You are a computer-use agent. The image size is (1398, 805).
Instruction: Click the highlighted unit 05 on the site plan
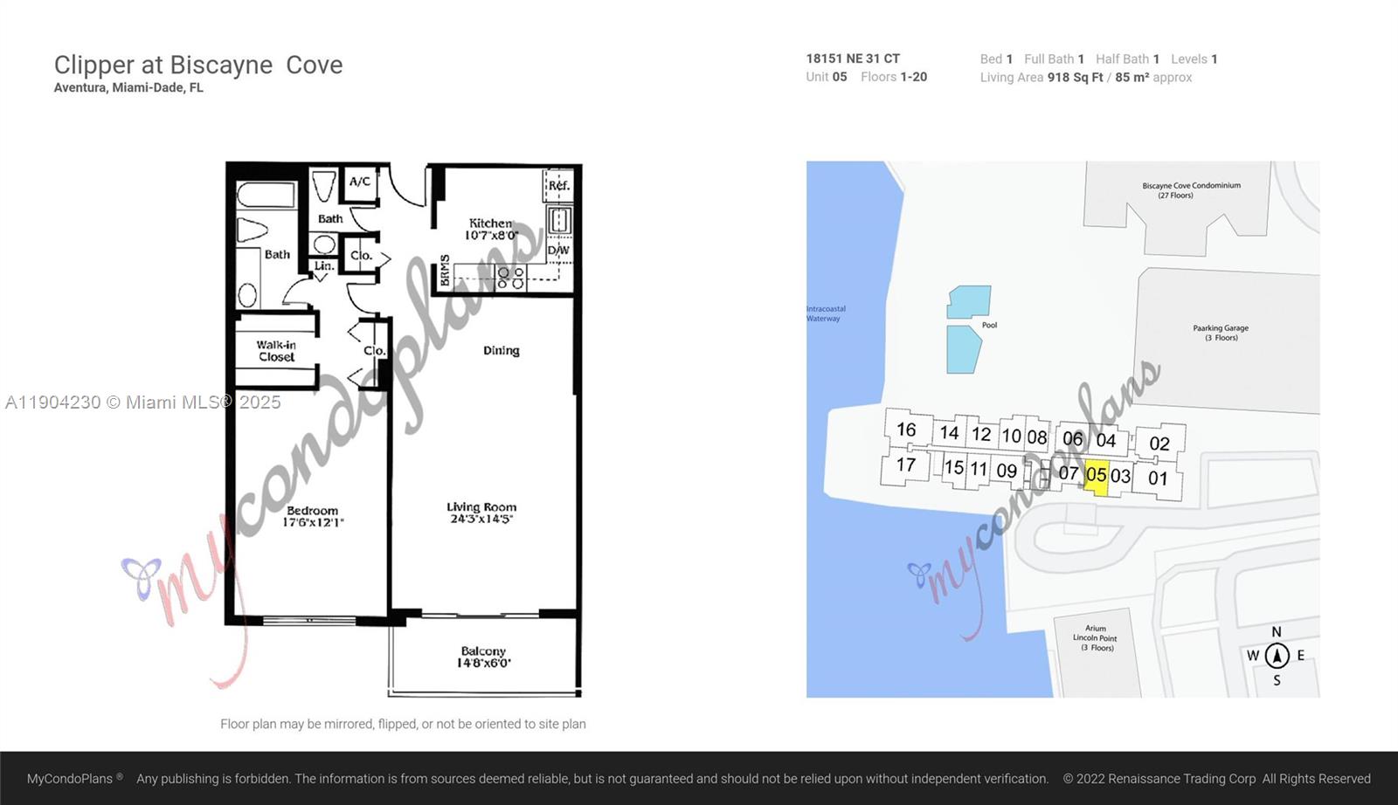coord(1096,476)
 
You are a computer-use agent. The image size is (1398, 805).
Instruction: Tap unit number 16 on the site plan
coord(906,430)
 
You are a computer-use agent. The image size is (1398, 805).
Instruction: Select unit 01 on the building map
coord(1158,478)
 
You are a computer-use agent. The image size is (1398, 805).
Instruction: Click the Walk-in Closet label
coord(276,351)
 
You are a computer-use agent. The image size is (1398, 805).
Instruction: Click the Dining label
coord(502,350)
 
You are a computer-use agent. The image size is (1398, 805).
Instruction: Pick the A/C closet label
coord(360,182)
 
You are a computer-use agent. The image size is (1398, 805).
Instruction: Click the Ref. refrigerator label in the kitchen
coord(558,185)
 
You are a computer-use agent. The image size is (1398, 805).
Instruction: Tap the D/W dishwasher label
coord(558,251)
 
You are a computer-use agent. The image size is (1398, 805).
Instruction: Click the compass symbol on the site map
coord(1277,656)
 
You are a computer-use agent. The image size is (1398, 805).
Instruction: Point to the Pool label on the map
coord(989,325)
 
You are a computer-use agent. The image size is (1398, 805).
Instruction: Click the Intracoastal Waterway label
coord(826,313)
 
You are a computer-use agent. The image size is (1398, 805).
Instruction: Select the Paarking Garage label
coord(1221,333)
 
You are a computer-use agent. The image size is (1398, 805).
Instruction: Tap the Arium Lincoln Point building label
coord(1095,637)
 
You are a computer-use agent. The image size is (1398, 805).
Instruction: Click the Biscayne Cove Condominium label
coord(1191,189)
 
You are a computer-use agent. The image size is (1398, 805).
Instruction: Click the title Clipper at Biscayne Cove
coord(198,65)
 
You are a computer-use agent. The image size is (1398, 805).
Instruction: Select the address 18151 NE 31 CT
coord(853,58)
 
